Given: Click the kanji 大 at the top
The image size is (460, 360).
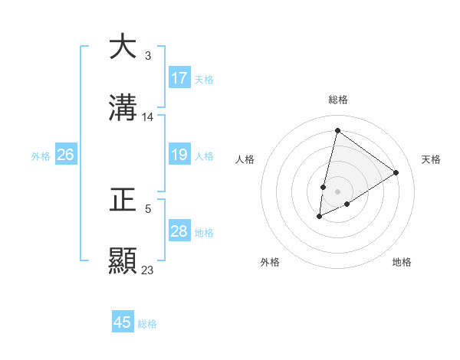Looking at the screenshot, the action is [x=123, y=47].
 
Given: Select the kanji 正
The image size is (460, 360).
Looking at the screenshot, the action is [x=123, y=200].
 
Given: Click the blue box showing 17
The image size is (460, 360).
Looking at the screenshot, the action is [x=179, y=78].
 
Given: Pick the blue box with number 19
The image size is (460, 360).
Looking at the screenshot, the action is [x=179, y=155].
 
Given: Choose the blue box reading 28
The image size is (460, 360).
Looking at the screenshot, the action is [x=179, y=231].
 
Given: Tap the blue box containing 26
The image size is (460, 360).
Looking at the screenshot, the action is [x=65, y=155].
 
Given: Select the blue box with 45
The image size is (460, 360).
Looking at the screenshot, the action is [x=123, y=322].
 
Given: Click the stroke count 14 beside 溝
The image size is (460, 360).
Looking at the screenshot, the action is [x=148, y=117].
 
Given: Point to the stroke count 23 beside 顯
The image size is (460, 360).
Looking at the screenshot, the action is [x=148, y=270].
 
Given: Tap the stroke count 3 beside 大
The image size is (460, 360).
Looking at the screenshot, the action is [x=147, y=56].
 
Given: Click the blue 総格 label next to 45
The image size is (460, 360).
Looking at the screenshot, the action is [x=147, y=324].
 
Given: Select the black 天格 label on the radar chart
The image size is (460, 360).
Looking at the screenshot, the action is [x=431, y=159].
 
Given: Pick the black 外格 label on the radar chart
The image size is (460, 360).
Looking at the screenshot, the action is [x=270, y=262].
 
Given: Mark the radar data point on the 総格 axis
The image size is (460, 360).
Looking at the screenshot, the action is [x=337, y=130].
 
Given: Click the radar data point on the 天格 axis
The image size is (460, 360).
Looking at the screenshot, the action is [x=396, y=173].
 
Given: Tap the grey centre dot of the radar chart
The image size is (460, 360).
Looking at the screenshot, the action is [x=337, y=191].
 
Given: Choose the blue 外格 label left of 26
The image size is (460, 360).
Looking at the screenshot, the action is [x=41, y=156].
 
